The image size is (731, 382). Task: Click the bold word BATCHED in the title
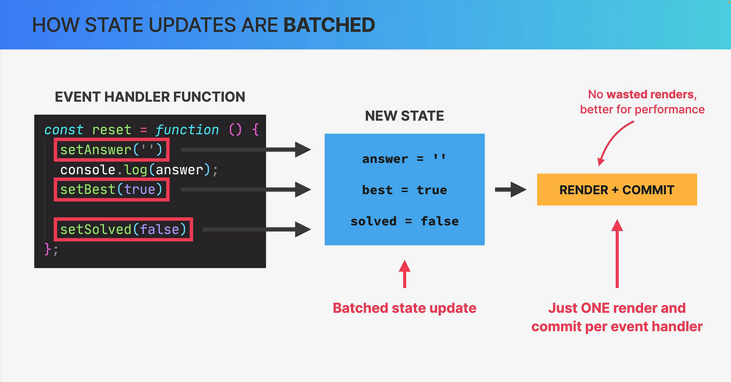click(329, 25)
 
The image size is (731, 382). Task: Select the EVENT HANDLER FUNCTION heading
click(150, 97)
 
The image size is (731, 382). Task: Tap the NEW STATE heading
click(404, 116)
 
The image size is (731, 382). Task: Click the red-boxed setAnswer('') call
click(112, 150)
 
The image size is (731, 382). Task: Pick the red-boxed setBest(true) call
click(112, 189)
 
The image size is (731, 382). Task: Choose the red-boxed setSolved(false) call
click(123, 229)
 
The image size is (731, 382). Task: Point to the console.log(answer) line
click(139, 170)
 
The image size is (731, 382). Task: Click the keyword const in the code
click(64, 130)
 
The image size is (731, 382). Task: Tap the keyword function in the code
click(187, 130)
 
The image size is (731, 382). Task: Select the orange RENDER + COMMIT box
click(617, 189)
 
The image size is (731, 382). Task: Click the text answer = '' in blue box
click(404, 159)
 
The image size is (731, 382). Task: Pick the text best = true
click(404, 190)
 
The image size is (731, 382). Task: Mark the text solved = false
click(404, 221)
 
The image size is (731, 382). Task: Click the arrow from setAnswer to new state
click(246, 150)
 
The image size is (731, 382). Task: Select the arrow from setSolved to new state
click(257, 229)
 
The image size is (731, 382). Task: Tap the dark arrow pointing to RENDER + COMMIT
click(511, 189)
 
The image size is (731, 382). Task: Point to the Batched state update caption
click(404, 308)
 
